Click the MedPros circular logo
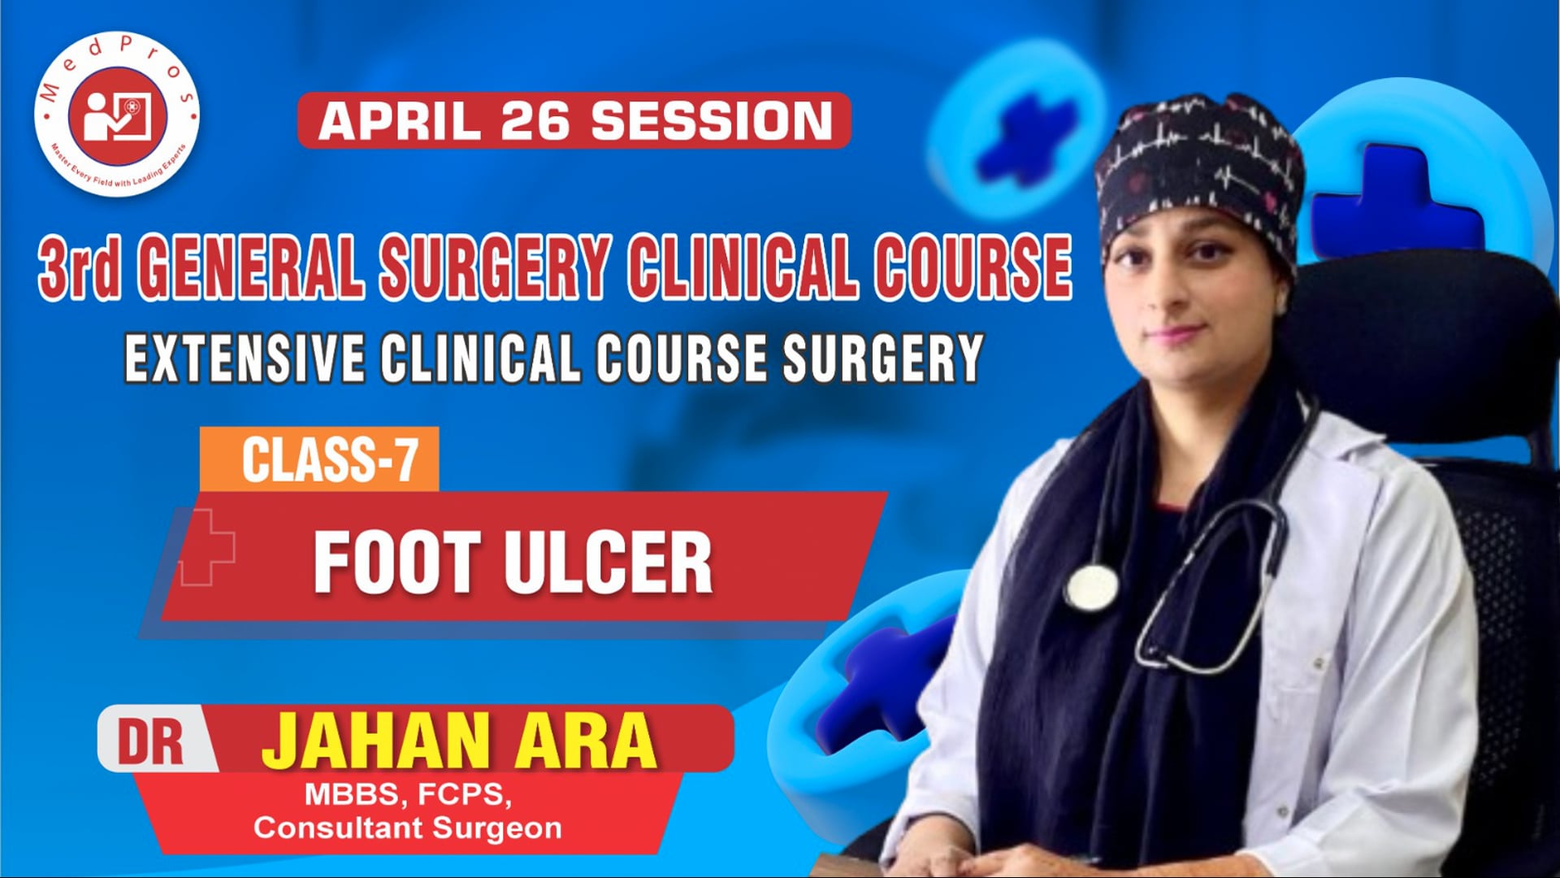[x=117, y=114]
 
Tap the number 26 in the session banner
[x=535, y=120]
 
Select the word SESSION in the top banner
[x=711, y=120]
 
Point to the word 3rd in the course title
[x=80, y=268]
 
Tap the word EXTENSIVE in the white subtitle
[x=245, y=358]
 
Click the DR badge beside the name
[x=151, y=741]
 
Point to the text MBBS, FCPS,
[x=408, y=794]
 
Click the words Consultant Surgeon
[x=408, y=828]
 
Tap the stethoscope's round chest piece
[x=1091, y=586]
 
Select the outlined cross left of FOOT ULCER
[x=206, y=547]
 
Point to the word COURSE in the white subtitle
[x=681, y=358]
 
